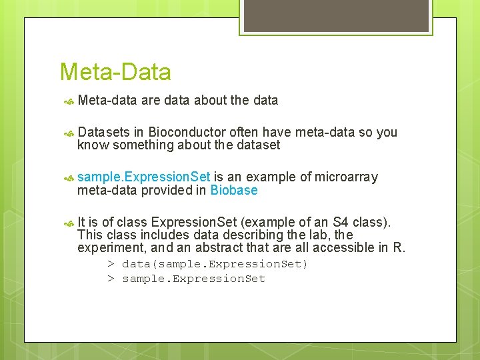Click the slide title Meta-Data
coord(115,72)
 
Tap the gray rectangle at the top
coord(335,16)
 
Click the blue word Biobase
coord(233,191)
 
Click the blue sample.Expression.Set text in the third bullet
coord(143,177)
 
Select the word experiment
coord(109,247)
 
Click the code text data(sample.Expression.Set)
coord(215,264)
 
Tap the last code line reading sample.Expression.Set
coord(193,279)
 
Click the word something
coord(143,145)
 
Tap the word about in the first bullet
coord(210,101)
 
